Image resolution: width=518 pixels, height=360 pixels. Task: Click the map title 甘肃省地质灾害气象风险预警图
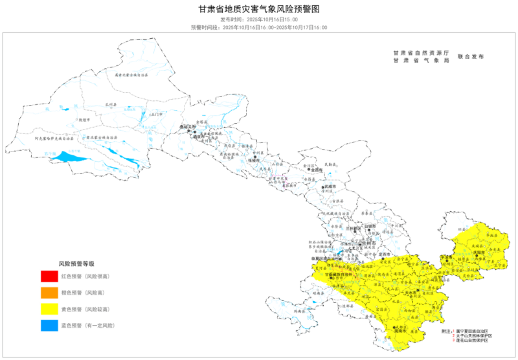(x=259, y=9)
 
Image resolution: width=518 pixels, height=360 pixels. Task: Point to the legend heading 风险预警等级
(x=77, y=264)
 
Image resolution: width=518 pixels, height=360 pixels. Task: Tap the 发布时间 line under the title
(x=259, y=20)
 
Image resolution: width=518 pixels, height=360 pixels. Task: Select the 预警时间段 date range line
(x=259, y=28)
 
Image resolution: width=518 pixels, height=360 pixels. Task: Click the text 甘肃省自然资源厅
(x=421, y=52)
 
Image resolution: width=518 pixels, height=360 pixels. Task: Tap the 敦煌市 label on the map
(x=83, y=120)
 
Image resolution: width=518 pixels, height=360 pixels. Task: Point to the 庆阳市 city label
(x=479, y=253)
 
